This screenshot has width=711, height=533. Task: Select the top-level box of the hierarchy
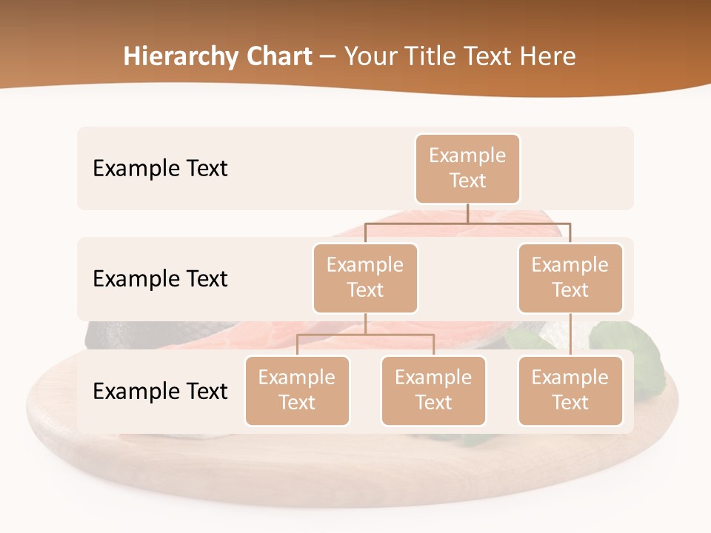(467, 169)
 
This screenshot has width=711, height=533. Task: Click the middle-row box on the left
(365, 278)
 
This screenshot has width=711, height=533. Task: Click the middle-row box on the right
(570, 278)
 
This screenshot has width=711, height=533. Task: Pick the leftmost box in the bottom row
(297, 390)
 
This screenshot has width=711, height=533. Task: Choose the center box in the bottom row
(433, 390)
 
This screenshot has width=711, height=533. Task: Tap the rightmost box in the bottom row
(570, 390)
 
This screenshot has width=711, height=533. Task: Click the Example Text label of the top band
(160, 169)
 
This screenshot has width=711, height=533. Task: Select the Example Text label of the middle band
(160, 279)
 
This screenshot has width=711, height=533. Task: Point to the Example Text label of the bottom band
(160, 391)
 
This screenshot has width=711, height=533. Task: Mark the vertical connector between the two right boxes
(570, 335)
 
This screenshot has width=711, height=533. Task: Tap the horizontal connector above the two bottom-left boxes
(365, 335)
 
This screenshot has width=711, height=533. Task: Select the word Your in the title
(368, 57)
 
